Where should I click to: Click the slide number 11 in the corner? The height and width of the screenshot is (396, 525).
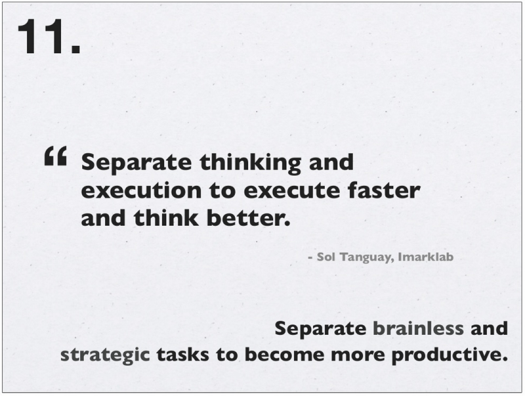(49, 36)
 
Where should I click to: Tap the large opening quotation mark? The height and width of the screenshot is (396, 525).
(56, 156)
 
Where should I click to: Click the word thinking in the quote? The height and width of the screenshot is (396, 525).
(251, 163)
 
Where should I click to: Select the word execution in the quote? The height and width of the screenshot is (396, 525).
(141, 190)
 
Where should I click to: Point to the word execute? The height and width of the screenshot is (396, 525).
(291, 190)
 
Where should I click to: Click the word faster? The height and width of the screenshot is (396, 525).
(384, 190)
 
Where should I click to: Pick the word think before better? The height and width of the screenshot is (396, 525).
(166, 218)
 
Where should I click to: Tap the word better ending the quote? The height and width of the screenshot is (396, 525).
(248, 218)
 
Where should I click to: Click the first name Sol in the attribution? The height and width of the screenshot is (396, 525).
(325, 257)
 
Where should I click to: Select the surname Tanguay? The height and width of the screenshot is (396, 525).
(367, 257)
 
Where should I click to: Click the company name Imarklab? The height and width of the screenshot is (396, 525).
(425, 257)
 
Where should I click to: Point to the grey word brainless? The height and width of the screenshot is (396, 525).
(418, 328)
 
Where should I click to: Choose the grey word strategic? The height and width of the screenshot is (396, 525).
(105, 355)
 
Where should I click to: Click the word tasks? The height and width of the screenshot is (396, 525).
(183, 355)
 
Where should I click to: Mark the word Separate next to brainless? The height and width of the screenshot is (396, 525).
(320, 329)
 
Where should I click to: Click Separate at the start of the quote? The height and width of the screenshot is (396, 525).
(136, 163)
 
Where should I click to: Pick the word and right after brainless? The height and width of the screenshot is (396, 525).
(489, 328)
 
